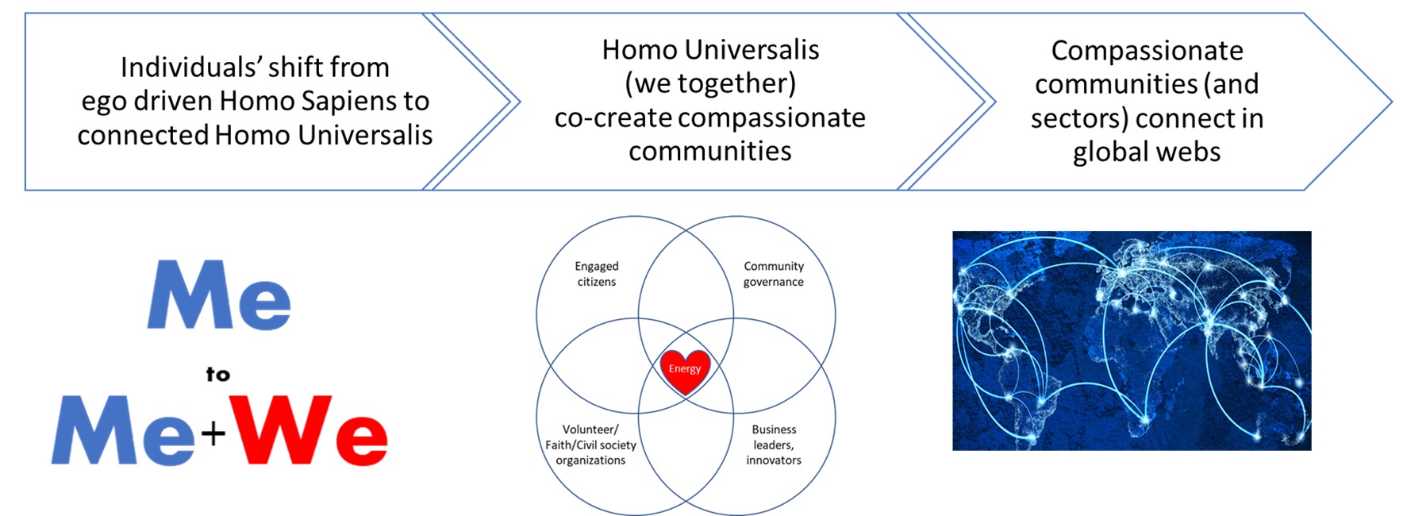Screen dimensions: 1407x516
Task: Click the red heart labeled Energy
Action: pos(686,371)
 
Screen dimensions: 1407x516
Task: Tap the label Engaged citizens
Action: pos(597,274)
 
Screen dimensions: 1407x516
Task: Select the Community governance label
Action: pos(774,274)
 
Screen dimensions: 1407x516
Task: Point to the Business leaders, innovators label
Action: pos(774,445)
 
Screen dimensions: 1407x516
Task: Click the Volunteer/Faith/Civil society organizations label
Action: pos(591,445)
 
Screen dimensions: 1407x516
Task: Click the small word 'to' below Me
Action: pos(218,375)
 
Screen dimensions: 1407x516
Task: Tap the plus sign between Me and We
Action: pos(213,433)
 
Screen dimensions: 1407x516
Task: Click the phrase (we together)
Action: pos(710,83)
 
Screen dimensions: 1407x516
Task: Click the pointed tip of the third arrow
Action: pos(1392,102)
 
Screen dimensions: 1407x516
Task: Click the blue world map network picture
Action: pos(1132,341)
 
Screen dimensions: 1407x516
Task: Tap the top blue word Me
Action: pos(219,295)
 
